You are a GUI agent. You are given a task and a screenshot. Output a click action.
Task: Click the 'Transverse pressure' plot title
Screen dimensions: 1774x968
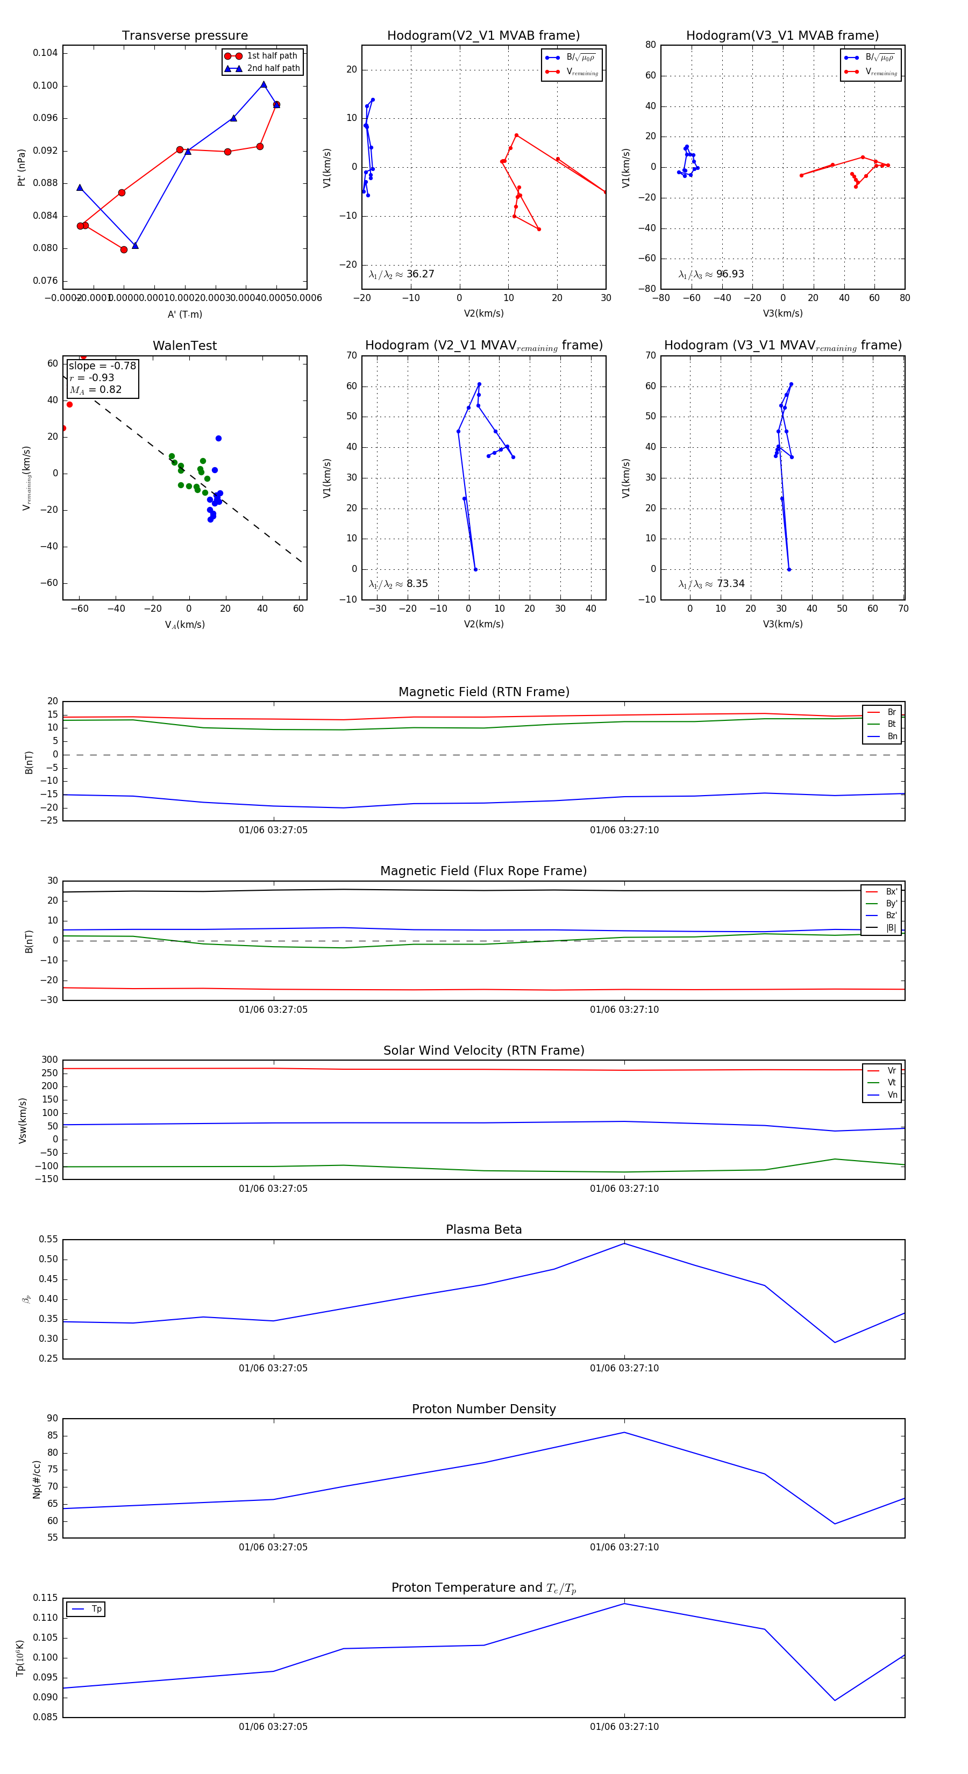click(x=184, y=36)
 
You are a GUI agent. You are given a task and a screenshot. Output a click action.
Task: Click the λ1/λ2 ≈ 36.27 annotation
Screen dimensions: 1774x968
click(x=401, y=274)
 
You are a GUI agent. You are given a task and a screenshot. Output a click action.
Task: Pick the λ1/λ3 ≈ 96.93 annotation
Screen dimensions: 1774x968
click(x=711, y=274)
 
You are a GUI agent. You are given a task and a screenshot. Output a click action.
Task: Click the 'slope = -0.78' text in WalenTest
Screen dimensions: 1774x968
click(x=102, y=366)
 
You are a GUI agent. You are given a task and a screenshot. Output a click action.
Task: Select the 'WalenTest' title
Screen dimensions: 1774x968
click(x=184, y=346)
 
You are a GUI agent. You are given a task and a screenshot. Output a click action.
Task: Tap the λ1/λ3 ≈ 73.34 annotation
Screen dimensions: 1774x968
click(x=711, y=584)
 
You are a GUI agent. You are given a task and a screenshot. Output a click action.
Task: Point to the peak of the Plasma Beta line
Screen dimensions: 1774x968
click(x=624, y=1243)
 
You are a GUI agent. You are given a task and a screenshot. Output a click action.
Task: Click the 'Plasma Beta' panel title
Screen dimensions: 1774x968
click(x=483, y=1229)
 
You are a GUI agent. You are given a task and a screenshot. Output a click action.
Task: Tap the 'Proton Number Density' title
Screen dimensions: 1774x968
click(x=483, y=1409)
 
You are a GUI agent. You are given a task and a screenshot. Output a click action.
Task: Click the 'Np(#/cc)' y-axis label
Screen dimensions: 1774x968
click(x=37, y=1479)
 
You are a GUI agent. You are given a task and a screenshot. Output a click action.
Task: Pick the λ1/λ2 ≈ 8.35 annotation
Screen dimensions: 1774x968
click(x=398, y=584)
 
